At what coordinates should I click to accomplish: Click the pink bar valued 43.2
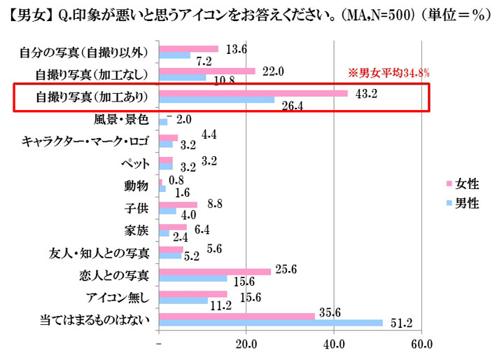(x=253, y=94)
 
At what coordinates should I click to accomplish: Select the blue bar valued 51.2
(x=272, y=322)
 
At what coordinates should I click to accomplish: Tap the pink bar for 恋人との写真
(x=215, y=271)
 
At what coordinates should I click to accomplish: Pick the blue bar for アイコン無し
(x=184, y=300)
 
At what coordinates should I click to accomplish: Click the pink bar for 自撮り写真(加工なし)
(x=207, y=71)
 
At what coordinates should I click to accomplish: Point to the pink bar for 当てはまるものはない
(x=237, y=315)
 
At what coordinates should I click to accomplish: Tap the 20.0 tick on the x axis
(x=246, y=345)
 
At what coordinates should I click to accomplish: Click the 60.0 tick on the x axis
(x=421, y=345)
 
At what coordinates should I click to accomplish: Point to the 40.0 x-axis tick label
(x=334, y=345)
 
